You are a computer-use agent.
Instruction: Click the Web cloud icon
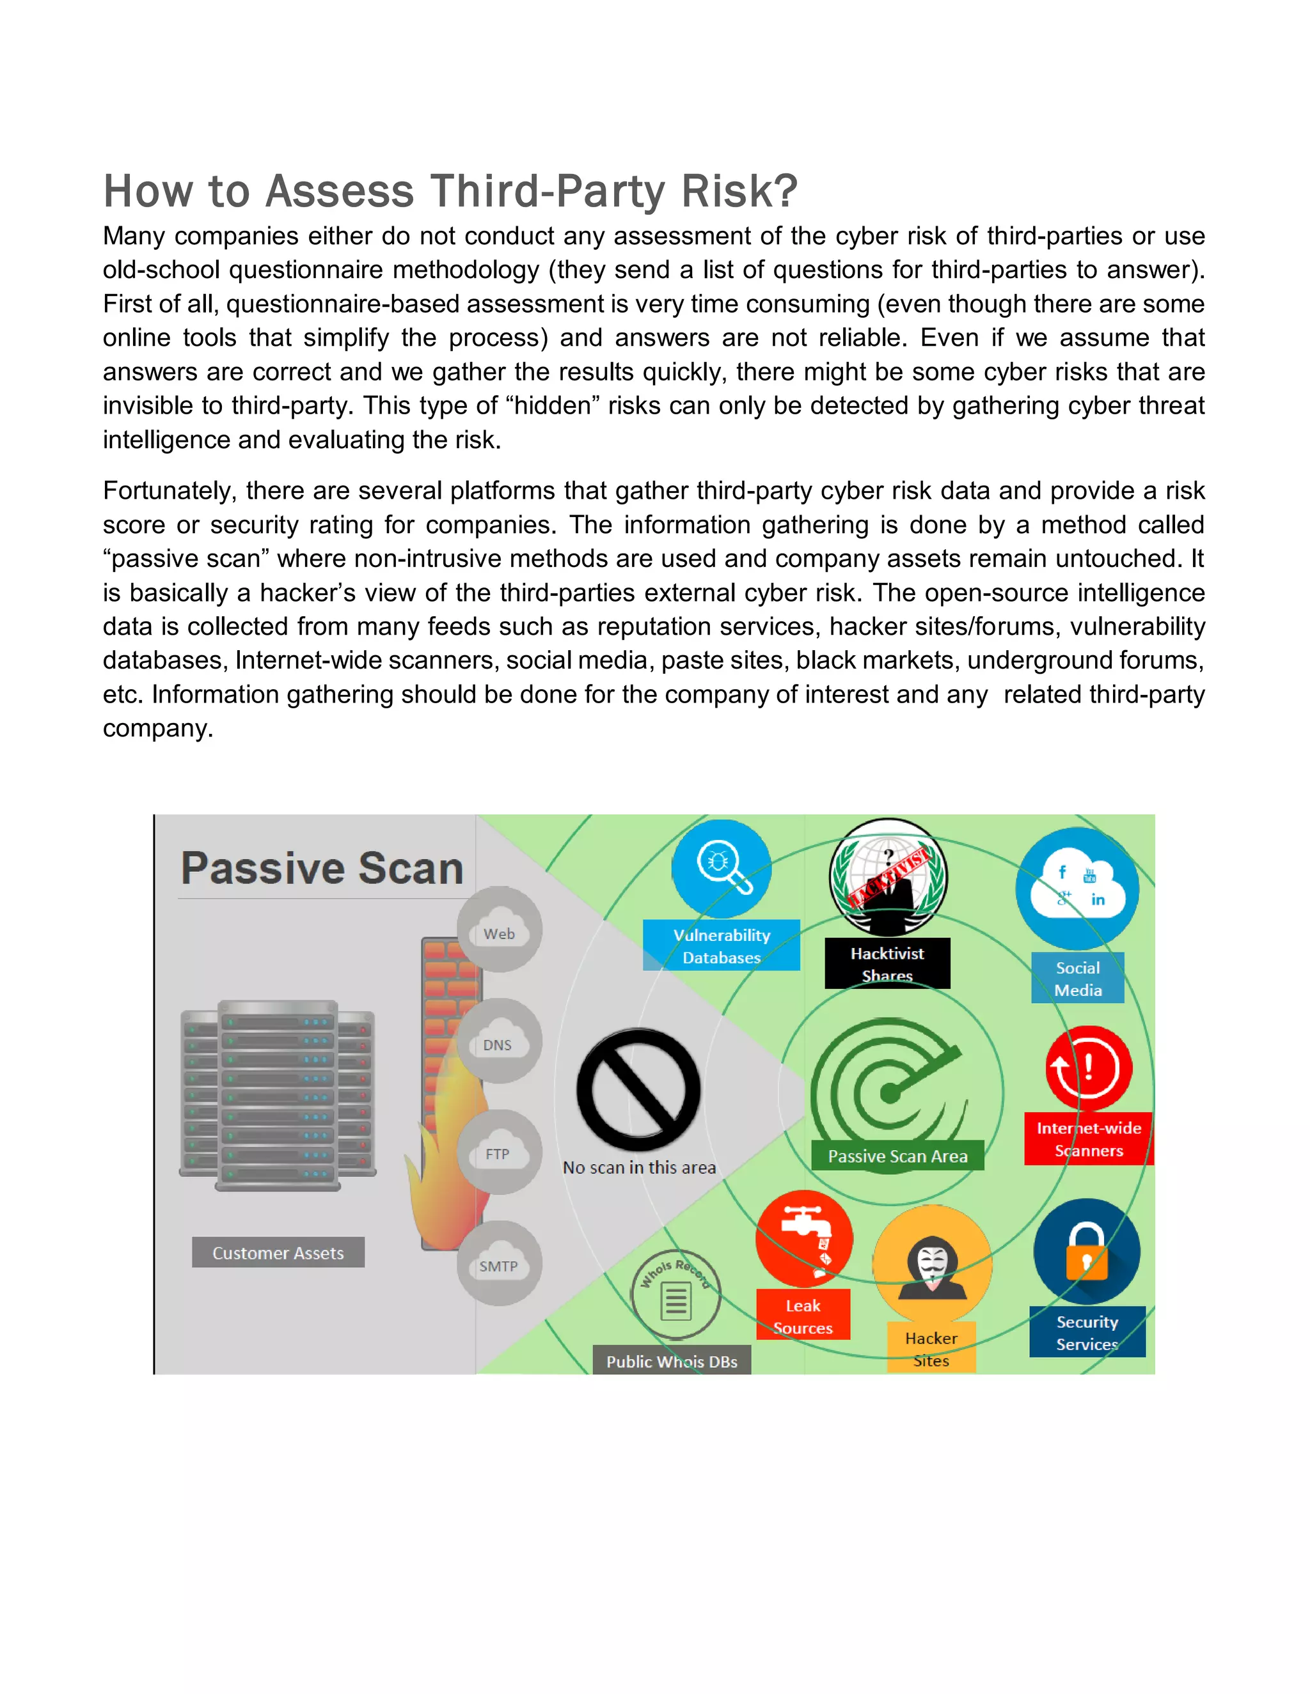[499, 930]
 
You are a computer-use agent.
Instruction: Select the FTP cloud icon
[498, 1152]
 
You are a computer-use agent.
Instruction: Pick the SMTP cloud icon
[498, 1264]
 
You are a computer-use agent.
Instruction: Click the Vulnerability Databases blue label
[721, 945]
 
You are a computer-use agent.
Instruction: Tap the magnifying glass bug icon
[722, 868]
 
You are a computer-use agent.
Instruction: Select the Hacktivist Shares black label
[887, 963]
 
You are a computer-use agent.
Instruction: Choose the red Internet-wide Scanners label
[1088, 1138]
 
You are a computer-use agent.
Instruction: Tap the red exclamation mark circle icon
[1088, 1069]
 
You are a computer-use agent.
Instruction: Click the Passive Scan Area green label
[897, 1156]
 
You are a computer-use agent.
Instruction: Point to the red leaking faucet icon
[804, 1239]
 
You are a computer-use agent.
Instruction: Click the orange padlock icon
[1087, 1251]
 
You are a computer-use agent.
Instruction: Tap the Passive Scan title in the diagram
[322, 868]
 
